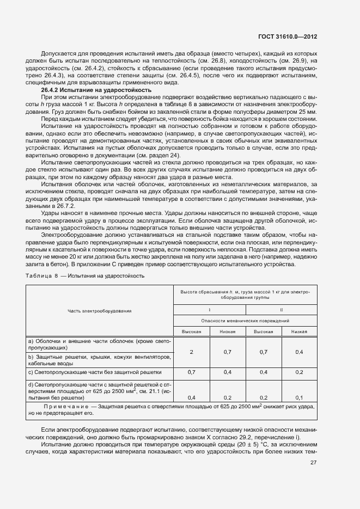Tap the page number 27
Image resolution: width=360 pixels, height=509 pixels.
[x=313, y=463]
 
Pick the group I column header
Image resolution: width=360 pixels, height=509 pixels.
[x=210, y=309]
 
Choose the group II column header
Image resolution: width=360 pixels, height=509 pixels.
[x=282, y=309]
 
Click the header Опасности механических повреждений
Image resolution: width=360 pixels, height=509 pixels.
[x=245, y=321]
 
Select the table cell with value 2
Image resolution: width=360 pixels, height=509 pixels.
[x=191, y=352]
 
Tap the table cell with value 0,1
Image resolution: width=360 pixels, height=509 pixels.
[x=299, y=397]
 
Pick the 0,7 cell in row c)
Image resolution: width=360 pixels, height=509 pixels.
[x=191, y=372]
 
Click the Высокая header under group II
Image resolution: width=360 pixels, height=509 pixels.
[x=263, y=331]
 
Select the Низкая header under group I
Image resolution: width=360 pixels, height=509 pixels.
[x=228, y=331]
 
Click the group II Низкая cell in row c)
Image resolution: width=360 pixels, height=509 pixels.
[x=299, y=372]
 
